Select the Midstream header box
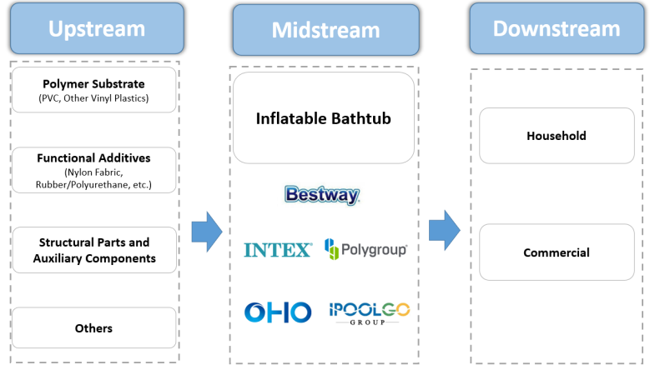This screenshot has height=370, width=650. coord(325,30)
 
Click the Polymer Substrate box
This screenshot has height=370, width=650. coord(93,90)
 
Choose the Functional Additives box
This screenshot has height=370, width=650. coord(93,170)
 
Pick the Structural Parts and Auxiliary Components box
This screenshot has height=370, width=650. coord(93,250)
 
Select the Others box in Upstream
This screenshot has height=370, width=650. coord(93,328)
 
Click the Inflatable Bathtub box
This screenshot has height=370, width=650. coord(324,118)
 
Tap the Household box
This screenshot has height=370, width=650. coord(557,135)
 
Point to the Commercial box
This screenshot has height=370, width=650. coord(557,252)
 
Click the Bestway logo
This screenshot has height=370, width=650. coord(322,195)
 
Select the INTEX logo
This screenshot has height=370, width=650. coord(278,249)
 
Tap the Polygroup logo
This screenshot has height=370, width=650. coord(365,248)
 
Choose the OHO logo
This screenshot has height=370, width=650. coord(278,312)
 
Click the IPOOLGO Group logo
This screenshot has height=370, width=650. coord(369,312)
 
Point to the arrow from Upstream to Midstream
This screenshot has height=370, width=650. coord(206,231)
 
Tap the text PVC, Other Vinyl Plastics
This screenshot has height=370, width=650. coord(93,98)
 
